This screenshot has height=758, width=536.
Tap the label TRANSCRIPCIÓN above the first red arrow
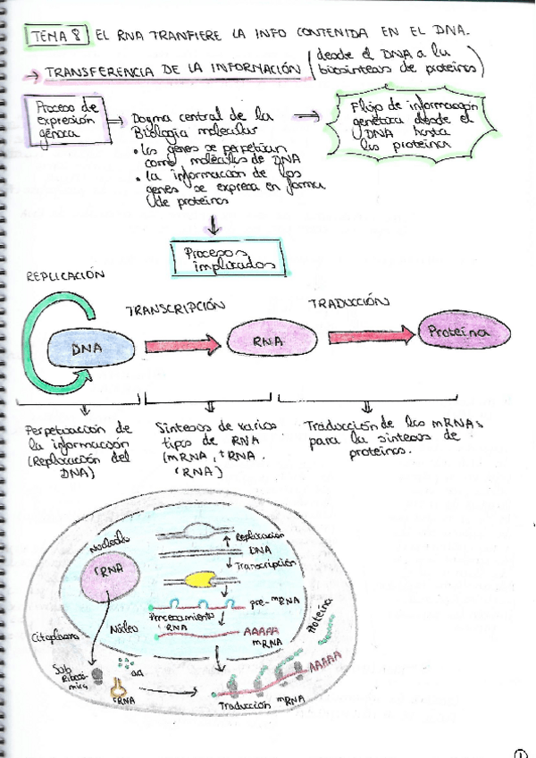click(x=175, y=309)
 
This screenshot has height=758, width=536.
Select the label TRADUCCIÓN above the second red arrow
click(x=349, y=302)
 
